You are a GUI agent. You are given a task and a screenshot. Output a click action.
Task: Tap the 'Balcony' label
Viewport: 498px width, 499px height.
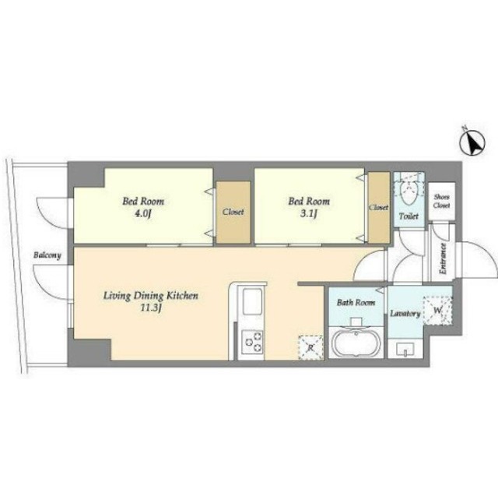[x=47, y=255]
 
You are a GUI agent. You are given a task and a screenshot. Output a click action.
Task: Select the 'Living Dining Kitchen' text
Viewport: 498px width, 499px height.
[x=150, y=296]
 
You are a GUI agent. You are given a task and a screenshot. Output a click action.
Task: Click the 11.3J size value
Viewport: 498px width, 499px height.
[x=151, y=308]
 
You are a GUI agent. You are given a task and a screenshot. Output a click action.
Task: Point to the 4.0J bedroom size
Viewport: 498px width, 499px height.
[x=142, y=213]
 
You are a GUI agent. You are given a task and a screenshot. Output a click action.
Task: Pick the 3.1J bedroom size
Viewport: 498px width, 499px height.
[x=308, y=213]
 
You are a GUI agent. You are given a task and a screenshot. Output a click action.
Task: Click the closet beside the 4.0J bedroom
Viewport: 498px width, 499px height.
[x=233, y=213]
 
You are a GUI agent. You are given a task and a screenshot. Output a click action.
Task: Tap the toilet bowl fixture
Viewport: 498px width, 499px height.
[x=409, y=192]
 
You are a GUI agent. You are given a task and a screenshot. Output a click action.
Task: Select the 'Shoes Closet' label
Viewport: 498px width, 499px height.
[x=441, y=201]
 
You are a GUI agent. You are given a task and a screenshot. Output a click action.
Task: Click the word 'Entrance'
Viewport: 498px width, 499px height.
[x=443, y=258]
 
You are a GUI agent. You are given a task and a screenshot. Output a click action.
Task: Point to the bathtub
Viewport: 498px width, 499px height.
[x=356, y=343]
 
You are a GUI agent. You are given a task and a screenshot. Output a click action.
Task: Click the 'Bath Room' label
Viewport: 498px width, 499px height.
[x=356, y=302]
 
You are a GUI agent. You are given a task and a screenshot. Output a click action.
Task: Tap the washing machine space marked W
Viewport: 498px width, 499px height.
[x=437, y=311]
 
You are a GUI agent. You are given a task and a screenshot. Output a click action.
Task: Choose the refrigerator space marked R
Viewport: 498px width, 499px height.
[x=310, y=347]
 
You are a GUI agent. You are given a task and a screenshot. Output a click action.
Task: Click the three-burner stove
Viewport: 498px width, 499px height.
[x=252, y=343]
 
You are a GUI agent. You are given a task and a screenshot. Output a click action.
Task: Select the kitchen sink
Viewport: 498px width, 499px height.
[x=252, y=301]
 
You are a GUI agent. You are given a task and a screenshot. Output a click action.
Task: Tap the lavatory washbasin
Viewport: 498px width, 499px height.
[x=405, y=349]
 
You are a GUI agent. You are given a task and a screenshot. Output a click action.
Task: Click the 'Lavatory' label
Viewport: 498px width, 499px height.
[x=405, y=314]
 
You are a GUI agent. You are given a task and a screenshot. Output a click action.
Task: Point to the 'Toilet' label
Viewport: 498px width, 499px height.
[x=409, y=216]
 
